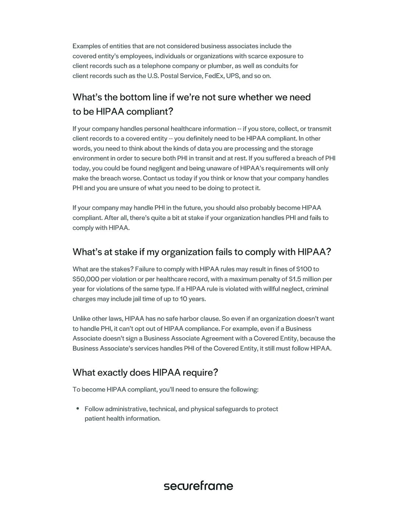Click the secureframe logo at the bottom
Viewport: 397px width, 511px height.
pos(198,486)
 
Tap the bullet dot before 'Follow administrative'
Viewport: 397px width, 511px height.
pos(78,409)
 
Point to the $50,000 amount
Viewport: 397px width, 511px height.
pos(86,279)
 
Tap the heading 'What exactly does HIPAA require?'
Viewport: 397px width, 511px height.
pos(145,372)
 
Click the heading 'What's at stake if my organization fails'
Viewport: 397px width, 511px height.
pos(201,252)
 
